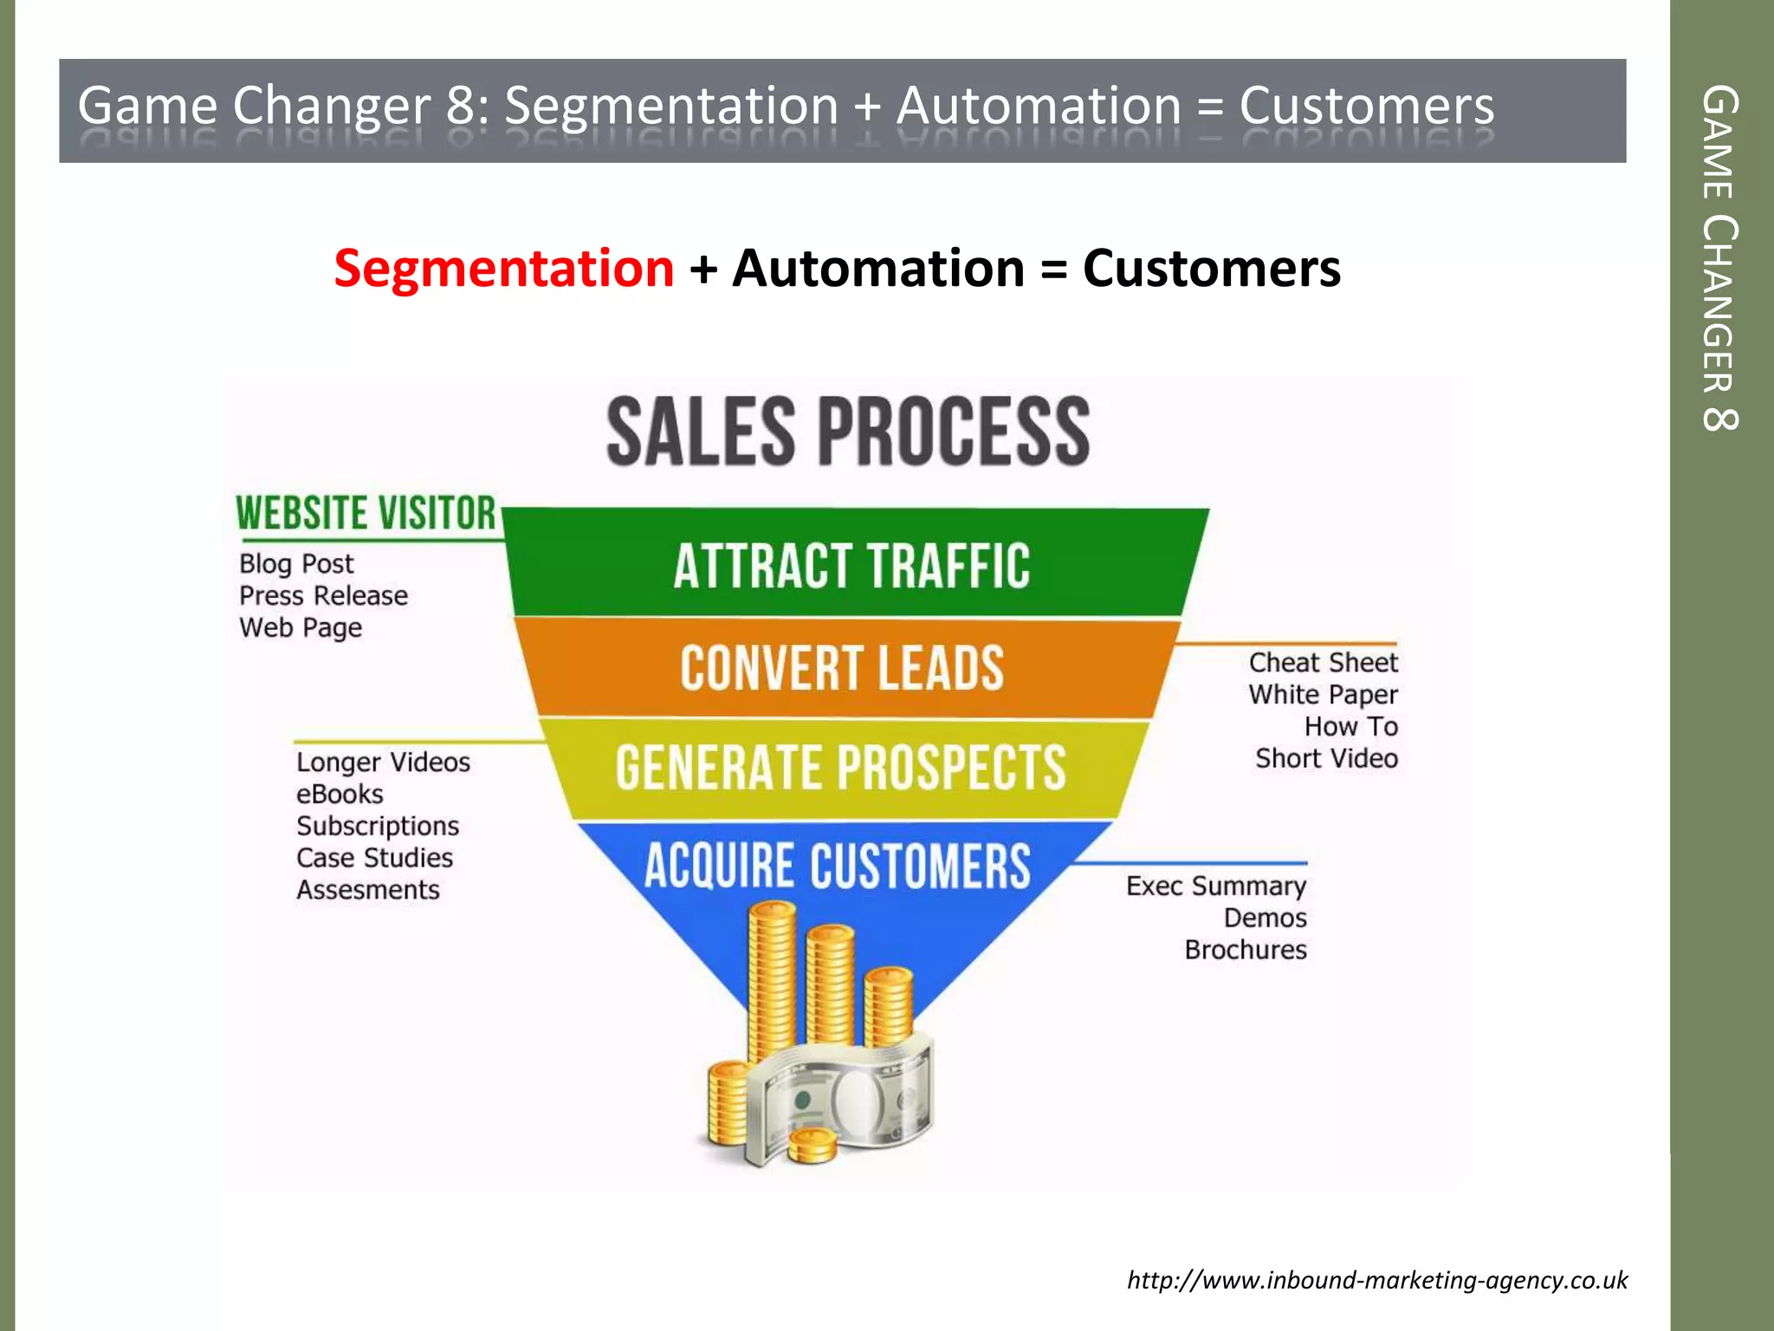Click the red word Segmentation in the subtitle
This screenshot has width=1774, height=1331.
(503, 268)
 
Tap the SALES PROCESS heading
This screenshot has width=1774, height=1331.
(848, 432)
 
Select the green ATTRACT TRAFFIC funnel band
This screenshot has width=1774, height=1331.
(852, 566)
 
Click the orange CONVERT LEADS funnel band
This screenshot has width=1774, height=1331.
(842, 668)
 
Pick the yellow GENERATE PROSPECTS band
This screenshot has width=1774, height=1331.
(840, 768)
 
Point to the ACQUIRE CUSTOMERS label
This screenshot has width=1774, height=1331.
(838, 866)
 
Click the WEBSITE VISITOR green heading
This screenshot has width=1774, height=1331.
(366, 513)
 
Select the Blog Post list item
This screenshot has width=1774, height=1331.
(296, 564)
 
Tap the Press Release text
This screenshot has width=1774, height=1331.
(323, 596)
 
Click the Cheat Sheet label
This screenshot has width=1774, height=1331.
(1323, 663)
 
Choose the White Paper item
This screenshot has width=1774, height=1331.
(1323, 695)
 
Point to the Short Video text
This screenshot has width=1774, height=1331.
(1326, 759)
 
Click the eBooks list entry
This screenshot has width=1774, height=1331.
(340, 795)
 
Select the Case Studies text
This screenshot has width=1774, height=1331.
(374, 859)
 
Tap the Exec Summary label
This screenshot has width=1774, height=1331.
(1215, 886)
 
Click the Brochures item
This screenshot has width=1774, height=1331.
(1245, 951)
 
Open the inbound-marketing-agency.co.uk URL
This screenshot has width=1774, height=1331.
(1376, 1280)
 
